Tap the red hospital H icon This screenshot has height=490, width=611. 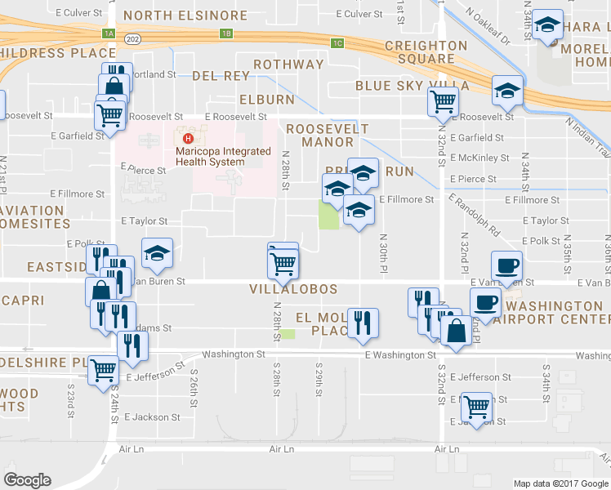pyautogui.click(x=189, y=140)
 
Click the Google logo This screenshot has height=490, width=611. pyautogui.click(x=27, y=480)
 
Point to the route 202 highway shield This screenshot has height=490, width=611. pyautogui.click(x=132, y=38)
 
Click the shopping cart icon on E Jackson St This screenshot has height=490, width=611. pyautogui.click(x=476, y=407)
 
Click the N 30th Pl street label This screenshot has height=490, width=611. pyautogui.click(x=382, y=254)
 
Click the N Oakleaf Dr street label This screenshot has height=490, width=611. pyautogui.click(x=488, y=26)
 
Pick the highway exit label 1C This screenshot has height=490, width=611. pyautogui.click(x=337, y=42)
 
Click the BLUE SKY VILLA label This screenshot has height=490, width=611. pyautogui.click(x=412, y=86)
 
